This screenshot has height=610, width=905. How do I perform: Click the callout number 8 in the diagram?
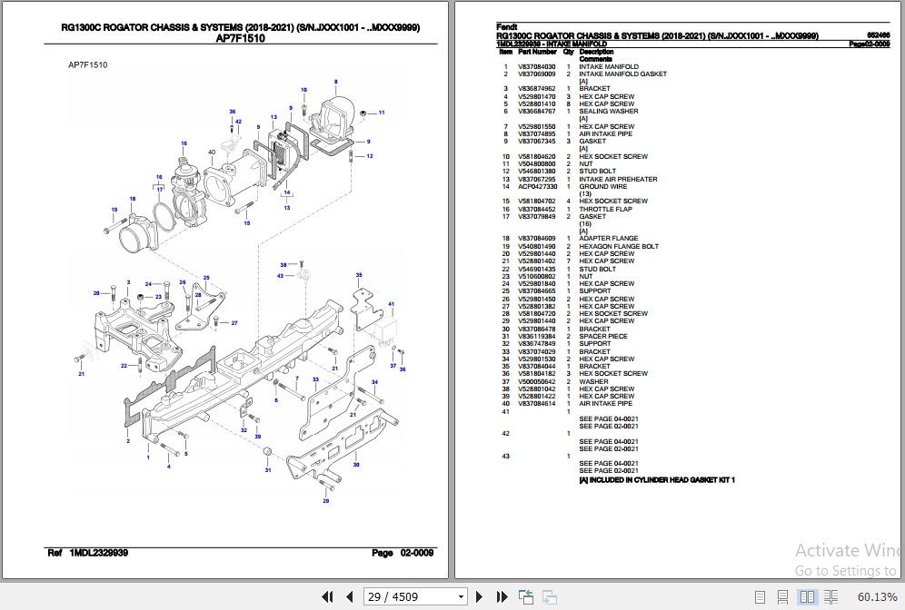335,82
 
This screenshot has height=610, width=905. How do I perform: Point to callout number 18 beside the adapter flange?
133,199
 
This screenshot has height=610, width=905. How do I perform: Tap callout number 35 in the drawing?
359,274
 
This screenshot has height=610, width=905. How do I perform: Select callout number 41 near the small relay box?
392,303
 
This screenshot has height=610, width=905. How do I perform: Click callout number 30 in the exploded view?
356,465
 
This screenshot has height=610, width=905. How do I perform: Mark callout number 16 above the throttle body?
184,143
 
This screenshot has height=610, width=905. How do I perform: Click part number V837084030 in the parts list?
536,67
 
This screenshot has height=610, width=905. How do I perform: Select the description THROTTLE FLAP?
605,209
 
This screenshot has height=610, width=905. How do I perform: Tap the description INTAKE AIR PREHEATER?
617,179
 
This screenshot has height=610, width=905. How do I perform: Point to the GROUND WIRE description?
602,186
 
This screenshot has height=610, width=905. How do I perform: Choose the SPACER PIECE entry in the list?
603,336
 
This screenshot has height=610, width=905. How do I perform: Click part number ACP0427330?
537,186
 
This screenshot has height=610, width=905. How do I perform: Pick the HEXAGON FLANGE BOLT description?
619,246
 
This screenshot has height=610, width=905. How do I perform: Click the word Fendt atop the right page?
506,28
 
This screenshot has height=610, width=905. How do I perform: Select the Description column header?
596,52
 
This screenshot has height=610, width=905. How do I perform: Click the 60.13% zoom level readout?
877,596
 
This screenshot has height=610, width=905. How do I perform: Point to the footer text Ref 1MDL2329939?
87,553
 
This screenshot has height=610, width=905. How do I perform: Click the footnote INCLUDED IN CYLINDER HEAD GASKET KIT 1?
657,479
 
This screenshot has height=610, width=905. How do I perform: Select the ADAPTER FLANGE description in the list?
608,239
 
